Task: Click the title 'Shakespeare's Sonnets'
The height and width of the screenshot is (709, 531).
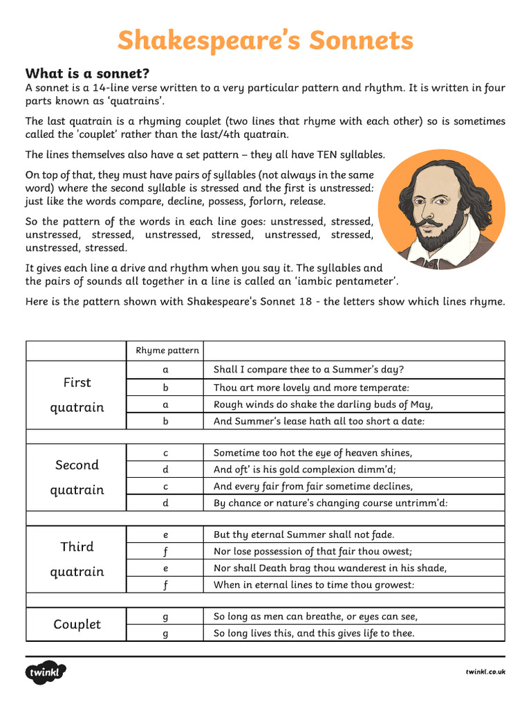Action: click(x=265, y=41)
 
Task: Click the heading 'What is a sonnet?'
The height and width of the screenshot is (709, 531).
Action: click(x=87, y=73)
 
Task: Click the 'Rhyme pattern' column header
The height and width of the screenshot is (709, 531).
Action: click(x=167, y=350)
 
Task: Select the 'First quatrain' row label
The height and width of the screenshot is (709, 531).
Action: click(x=77, y=395)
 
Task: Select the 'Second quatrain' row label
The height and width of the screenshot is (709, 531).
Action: click(x=77, y=477)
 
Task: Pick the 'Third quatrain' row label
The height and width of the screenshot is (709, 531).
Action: click(x=77, y=559)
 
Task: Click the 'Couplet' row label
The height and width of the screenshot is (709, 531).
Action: click(x=77, y=624)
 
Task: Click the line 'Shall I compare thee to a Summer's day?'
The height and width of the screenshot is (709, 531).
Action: click(x=308, y=370)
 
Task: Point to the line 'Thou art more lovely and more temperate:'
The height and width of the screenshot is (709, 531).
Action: click(x=311, y=388)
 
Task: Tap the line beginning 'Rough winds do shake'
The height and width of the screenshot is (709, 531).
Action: click(x=323, y=404)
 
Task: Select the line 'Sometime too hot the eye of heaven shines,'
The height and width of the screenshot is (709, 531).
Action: click(x=313, y=453)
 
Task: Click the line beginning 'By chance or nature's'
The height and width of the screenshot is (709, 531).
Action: click(x=330, y=503)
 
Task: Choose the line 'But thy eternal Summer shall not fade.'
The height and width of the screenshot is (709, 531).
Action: click(x=304, y=535)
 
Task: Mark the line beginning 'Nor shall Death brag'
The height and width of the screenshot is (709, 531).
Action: click(x=330, y=568)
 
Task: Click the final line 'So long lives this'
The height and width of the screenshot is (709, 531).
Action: click(x=314, y=633)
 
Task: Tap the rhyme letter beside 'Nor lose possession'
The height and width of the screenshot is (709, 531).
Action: click(x=166, y=552)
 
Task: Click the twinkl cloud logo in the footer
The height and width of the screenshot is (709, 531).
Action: click(x=46, y=672)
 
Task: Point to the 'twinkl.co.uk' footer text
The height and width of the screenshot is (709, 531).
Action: click(x=485, y=672)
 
